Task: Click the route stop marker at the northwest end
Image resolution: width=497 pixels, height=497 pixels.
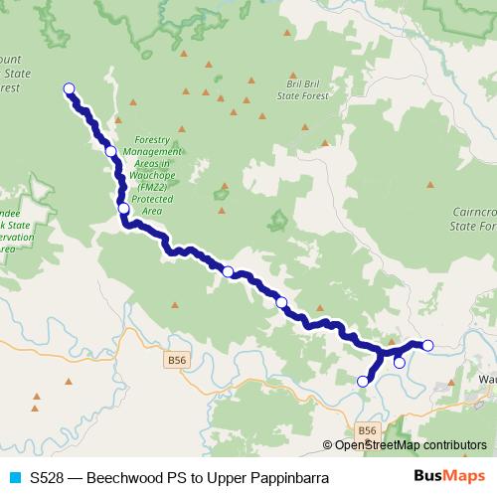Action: [x=70, y=89]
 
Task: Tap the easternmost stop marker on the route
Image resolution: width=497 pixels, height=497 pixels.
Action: [x=427, y=345]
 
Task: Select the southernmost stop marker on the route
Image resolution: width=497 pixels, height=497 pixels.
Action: [x=363, y=381]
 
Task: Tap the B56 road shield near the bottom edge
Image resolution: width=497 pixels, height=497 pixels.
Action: [x=367, y=429]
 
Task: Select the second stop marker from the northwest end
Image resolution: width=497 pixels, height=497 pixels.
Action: [x=111, y=152]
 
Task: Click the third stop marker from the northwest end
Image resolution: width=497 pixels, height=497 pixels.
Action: [x=123, y=209]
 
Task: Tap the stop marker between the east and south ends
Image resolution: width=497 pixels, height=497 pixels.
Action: [x=399, y=363]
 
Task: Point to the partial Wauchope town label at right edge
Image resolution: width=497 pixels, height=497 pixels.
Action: [x=486, y=379]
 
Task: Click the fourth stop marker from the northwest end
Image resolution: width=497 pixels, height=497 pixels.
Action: [x=228, y=271]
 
